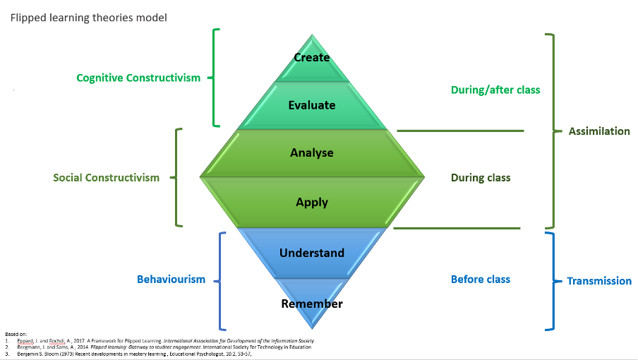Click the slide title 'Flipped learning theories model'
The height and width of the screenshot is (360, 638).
click(x=88, y=18)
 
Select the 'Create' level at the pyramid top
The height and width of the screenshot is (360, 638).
click(x=312, y=57)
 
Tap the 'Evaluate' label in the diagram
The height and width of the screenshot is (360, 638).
click(x=312, y=105)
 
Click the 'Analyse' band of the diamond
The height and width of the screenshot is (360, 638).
click(x=312, y=152)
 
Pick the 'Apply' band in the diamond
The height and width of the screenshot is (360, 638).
click(x=312, y=202)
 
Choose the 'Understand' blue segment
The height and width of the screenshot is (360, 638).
click(x=312, y=253)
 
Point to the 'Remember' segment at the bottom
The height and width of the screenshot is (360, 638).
click(x=312, y=304)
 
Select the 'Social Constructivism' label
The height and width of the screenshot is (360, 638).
click(x=107, y=178)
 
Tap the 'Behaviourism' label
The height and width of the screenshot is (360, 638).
click(x=171, y=280)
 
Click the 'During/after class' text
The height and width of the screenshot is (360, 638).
click(x=495, y=90)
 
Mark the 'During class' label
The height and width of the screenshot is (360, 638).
click(x=481, y=178)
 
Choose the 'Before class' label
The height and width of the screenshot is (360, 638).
click(x=481, y=280)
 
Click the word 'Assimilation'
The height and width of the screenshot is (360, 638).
click(x=599, y=131)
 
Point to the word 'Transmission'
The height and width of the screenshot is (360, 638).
click(x=599, y=281)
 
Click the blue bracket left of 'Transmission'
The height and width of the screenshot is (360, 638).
click(x=553, y=280)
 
